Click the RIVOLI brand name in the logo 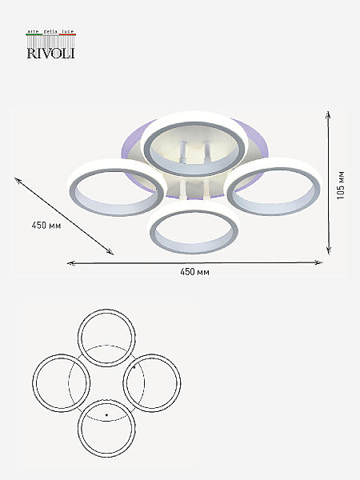pos(51,53)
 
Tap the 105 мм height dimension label pos(341,186)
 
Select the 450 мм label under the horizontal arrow pos(194,272)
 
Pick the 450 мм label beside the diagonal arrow pos(46,226)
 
